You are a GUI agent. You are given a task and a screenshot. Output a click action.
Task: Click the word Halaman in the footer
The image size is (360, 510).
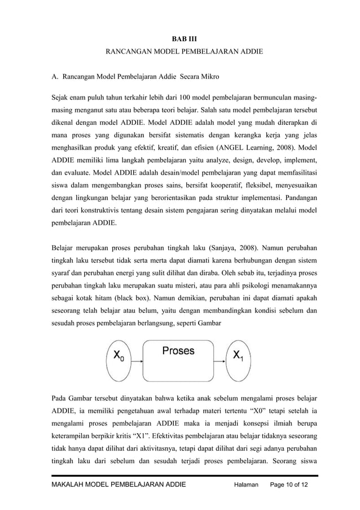tap(247, 485)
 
